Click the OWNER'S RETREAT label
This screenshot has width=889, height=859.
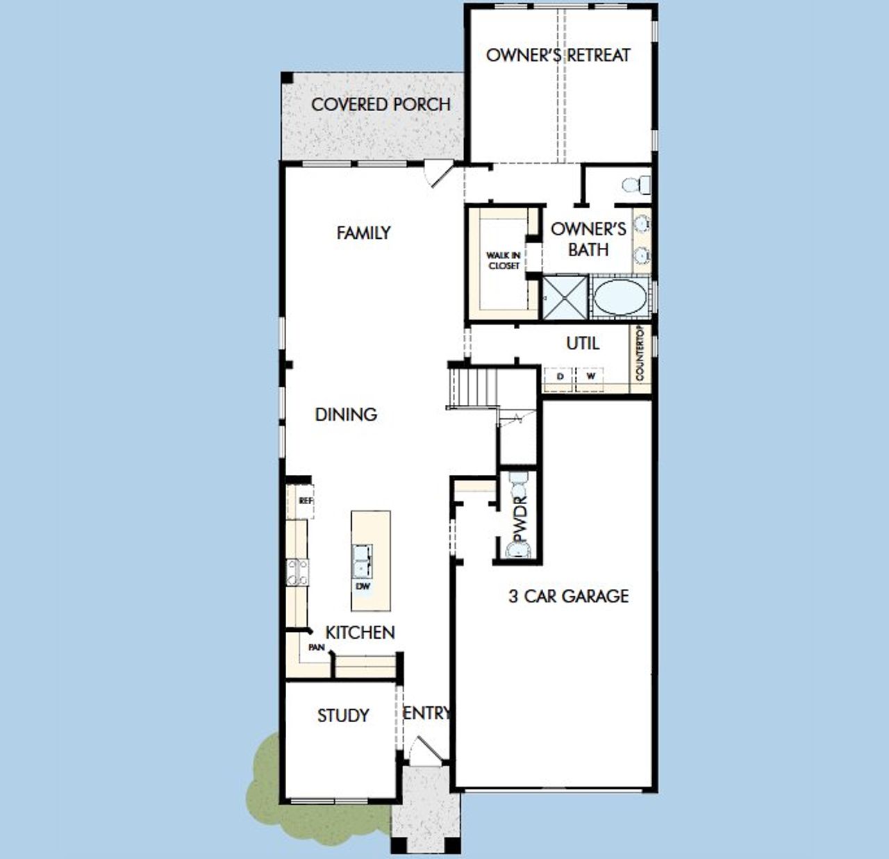coord(558,56)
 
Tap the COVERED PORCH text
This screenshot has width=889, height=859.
coord(381,105)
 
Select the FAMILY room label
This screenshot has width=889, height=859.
coord(363,233)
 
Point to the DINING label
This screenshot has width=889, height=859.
coord(346,415)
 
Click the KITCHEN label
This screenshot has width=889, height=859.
coord(360,633)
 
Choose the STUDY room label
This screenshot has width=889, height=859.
coord(343,715)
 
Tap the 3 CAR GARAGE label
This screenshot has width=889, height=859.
coord(569,596)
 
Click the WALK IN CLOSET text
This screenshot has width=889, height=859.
coord(504,260)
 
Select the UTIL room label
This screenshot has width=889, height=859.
coord(583,343)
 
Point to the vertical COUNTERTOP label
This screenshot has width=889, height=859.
coord(640,353)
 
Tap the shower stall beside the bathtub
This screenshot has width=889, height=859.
coord(565,298)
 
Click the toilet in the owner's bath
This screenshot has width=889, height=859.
coord(636,185)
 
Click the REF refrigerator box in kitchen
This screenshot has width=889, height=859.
coord(305,501)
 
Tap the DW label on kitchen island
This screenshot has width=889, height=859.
coord(363,586)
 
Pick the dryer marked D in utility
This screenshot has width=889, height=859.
coord(560,376)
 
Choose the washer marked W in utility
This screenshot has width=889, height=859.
coord(590,376)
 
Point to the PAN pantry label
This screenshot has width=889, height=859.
coord(317,647)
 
